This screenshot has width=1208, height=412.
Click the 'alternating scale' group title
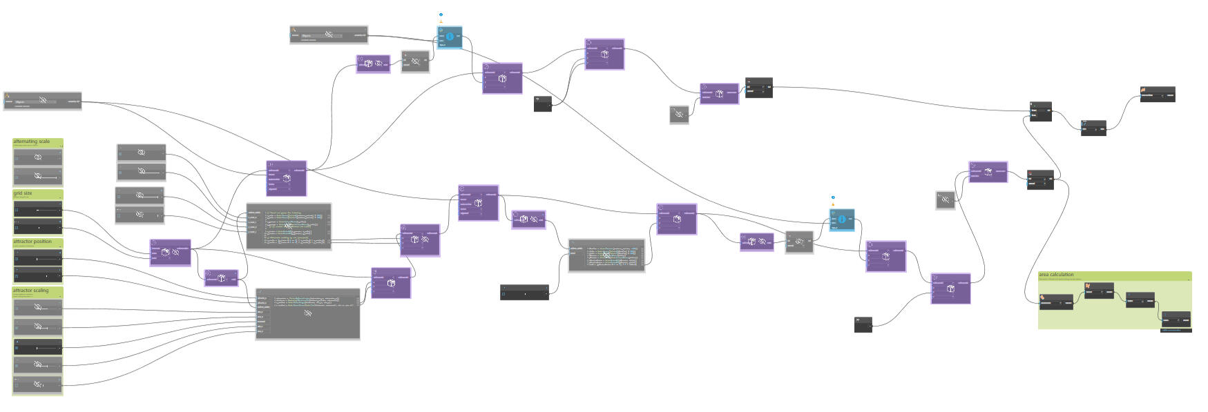pyautogui.click(x=32, y=141)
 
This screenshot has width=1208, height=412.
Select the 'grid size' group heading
pyautogui.click(x=23, y=193)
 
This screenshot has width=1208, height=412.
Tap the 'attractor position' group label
pyautogui.click(x=32, y=242)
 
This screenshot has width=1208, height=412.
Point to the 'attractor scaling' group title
pyautogui.click(x=31, y=291)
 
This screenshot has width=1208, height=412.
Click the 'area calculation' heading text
pyautogui.click(x=1056, y=275)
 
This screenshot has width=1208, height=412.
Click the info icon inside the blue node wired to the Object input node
pyautogui.click(x=450, y=37)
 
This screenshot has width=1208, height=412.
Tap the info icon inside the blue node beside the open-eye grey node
pyautogui.click(x=842, y=219)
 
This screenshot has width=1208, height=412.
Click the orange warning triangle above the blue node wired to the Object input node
pyautogui.click(x=441, y=21)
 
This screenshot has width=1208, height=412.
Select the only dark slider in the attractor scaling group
pyautogui.click(x=38, y=346)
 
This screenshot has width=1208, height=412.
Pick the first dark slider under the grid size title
pyautogui.click(x=38, y=209)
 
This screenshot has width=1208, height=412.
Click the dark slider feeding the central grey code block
pyautogui.click(x=524, y=292)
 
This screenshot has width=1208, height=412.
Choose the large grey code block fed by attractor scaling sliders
pyautogui.click(x=307, y=313)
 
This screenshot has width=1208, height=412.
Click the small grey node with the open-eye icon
pyautogui.click(x=799, y=242)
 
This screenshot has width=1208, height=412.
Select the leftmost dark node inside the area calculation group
pyautogui.click(x=1056, y=302)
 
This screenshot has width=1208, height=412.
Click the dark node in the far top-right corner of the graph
pyautogui.click(x=1157, y=95)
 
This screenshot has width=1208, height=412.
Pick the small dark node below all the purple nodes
pyautogui.click(x=863, y=324)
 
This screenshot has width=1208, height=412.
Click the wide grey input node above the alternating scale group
pyautogui.click(x=42, y=101)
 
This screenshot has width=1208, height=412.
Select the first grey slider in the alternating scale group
pyautogui.click(x=38, y=158)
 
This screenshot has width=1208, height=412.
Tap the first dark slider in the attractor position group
pyautogui.click(x=38, y=257)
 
